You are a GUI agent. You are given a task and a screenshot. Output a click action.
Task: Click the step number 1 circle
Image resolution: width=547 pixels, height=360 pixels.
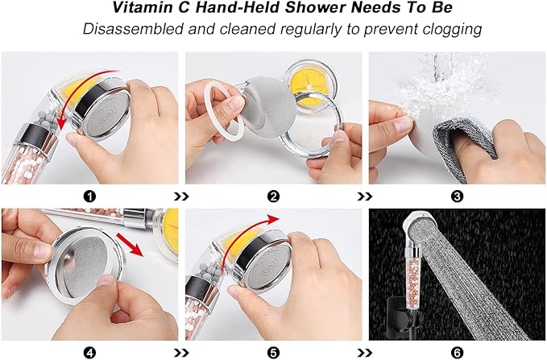coord(90,196)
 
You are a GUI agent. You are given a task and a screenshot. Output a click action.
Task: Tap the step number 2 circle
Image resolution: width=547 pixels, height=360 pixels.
coord(273,196)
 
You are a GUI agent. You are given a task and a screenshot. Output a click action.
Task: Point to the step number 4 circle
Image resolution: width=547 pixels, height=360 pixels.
coord(90,351)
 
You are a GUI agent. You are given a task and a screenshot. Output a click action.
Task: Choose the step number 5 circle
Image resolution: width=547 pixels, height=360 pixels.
coord(273,351)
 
